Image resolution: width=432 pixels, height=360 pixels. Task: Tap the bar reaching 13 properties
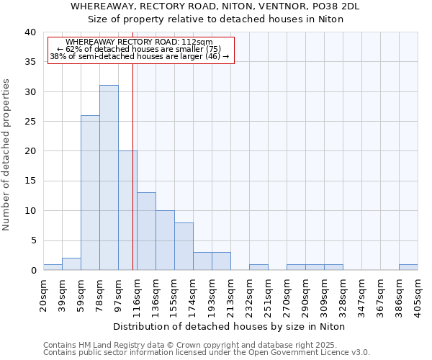(x=146, y=231)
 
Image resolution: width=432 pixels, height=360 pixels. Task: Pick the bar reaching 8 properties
(x=184, y=246)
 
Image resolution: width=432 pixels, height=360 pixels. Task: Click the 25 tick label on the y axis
(x=30, y=122)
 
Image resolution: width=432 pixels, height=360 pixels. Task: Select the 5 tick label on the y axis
(x=33, y=240)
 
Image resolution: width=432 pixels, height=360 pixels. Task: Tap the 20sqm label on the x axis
(x=43, y=294)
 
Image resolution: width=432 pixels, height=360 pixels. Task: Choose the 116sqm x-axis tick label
(x=137, y=294)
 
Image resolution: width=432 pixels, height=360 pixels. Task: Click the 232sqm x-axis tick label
(x=249, y=294)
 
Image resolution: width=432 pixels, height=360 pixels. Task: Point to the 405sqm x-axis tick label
(x=418, y=294)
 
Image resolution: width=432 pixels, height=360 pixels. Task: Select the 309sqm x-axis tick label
(x=324, y=294)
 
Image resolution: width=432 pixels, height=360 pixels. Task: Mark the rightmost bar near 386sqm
(x=408, y=267)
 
